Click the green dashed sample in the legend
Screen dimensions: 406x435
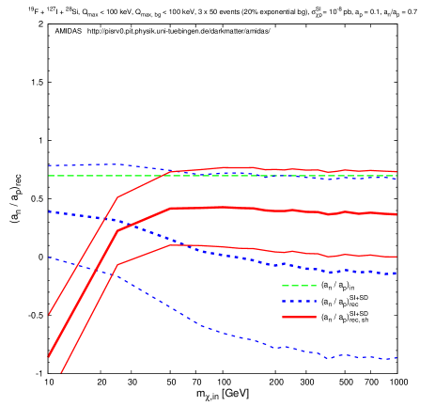(x=299, y=285)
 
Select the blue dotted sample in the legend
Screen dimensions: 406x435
(x=299, y=302)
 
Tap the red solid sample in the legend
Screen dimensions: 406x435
(x=299, y=318)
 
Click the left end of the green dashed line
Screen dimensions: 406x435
(x=49, y=176)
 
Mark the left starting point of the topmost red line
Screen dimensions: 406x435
(x=49, y=314)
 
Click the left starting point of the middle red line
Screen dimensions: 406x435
(x=49, y=356)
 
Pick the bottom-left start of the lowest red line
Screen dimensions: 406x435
(x=61, y=373)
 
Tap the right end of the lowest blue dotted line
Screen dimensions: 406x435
(x=397, y=358)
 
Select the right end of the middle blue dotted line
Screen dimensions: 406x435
(x=396, y=273)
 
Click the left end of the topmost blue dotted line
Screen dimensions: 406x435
(x=49, y=166)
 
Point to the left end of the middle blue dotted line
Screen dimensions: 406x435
(x=49, y=211)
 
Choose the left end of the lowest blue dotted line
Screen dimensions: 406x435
(x=49, y=258)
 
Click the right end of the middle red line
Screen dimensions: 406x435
(x=396, y=214)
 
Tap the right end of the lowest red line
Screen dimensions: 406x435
(x=396, y=257)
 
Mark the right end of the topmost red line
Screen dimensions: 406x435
(x=396, y=172)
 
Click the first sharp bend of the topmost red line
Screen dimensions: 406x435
(x=117, y=197)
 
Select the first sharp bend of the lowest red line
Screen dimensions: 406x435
(x=117, y=265)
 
